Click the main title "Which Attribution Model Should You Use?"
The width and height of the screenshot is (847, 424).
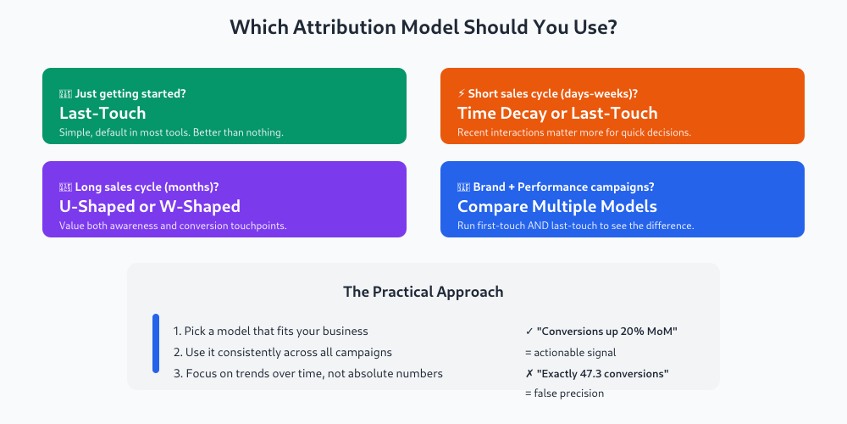[423, 27]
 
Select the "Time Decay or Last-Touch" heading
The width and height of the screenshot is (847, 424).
[557, 113]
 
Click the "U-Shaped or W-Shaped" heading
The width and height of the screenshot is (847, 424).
[150, 206]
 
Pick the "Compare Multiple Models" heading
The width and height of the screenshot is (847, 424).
[557, 206]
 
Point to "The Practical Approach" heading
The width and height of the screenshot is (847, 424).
[423, 292]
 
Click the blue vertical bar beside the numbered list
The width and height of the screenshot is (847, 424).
[156, 343]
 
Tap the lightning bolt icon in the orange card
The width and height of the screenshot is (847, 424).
[462, 93]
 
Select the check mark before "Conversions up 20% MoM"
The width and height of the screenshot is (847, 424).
[529, 332]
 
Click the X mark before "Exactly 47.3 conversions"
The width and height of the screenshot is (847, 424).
[529, 373]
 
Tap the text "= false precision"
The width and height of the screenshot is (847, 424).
[564, 393]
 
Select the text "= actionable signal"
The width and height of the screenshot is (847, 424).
[571, 352]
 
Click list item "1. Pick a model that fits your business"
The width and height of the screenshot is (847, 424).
[271, 332]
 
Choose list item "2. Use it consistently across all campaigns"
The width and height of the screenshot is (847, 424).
[283, 352]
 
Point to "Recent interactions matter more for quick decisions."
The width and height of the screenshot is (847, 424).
[574, 132]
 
